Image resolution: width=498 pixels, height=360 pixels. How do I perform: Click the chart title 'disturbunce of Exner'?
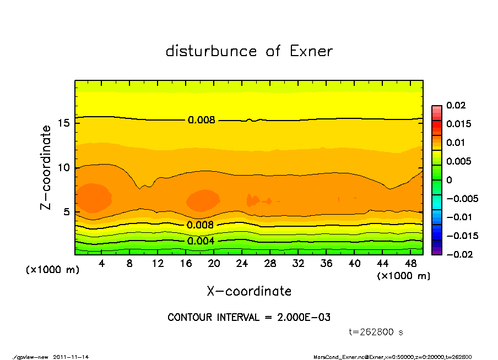click(x=249, y=51)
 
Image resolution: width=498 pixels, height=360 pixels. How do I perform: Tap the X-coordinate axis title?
click(x=249, y=291)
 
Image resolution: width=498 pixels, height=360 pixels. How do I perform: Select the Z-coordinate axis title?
click(x=46, y=167)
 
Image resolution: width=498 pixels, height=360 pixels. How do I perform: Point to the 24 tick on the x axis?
click(x=242, y=264)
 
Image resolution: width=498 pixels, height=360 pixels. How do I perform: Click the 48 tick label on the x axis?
click(x=411, y=264)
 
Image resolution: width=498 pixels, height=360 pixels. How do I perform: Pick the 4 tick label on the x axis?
click(x=102, y=264)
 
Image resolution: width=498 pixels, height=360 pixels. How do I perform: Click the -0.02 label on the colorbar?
click(x=458, y=254)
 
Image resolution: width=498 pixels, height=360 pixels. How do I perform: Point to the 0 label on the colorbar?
click(x=449, y=180)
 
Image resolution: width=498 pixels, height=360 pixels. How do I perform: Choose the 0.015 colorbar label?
click(x=458, y=124)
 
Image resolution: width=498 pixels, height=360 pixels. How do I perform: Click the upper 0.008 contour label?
click(x=201, y=120)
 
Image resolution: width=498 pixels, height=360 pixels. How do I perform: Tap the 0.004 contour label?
click(x=201, y=241)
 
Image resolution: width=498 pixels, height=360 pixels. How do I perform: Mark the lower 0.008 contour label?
click(x=201, y=225)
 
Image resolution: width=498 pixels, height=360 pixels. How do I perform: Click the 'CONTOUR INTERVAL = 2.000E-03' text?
click(x=249, y=318)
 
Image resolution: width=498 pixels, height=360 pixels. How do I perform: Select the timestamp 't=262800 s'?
click(x=376, y=332)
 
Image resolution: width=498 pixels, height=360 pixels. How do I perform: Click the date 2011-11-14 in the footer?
click(x=72, y=357)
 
